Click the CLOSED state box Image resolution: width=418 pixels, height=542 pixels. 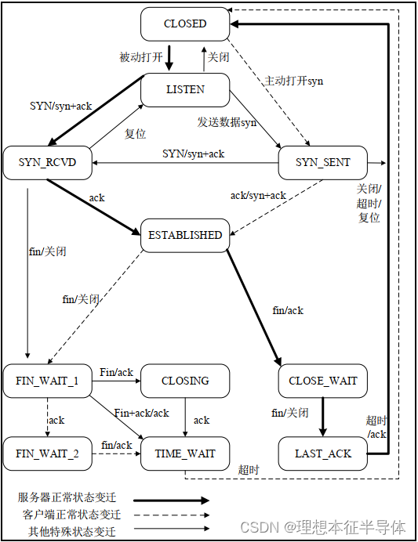[x=185, y=24]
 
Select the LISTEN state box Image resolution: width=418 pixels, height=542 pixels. [x=185, y=90]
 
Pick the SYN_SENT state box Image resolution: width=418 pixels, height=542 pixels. [x=323, y=162]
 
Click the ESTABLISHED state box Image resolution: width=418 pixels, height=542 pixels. [x=185, y=235]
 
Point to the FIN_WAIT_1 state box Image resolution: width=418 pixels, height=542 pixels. [x=47, y=381]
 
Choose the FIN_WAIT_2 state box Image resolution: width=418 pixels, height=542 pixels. [x=47, y=453]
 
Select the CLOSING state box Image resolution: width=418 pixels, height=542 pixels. [x=185, y=381]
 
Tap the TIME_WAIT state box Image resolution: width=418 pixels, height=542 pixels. [x=185, y=453]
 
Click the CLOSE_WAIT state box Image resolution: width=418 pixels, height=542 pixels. [x=323, y=381]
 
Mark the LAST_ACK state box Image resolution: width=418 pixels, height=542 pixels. [x=323, y=453]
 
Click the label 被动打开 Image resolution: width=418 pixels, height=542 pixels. [x=141, y=57]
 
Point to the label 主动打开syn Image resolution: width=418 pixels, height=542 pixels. [x=293, y=81]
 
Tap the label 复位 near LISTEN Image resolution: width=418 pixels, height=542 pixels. [x=136, y=134]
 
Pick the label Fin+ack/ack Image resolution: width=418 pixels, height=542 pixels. [x=142, y=413]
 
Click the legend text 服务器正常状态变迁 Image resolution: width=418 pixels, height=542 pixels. [x=69, y=498]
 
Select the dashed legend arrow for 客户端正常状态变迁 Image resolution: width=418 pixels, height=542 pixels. [x=172, y=515]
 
